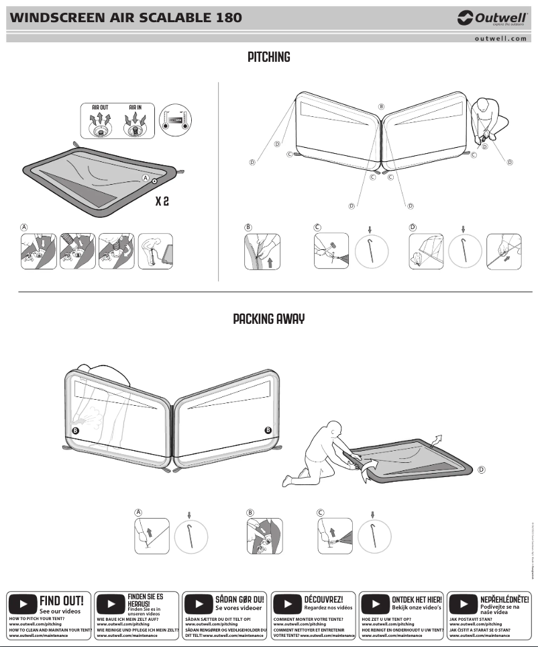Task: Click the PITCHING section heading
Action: [x=268, y=57]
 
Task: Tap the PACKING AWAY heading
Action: [x=268, y=318]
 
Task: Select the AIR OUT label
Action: [x=101, y=107]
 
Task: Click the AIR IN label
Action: [x=136, y=107]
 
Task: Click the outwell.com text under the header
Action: [x=500, y=38]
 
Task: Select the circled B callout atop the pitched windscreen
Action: [x=381, y=107]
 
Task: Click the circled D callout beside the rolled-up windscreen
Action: [x=481, y=470]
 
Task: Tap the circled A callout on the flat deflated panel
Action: [x=145, y=178]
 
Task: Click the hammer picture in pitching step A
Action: [x=156, y=251]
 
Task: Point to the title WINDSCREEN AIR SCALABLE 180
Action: [x=125, y=17]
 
